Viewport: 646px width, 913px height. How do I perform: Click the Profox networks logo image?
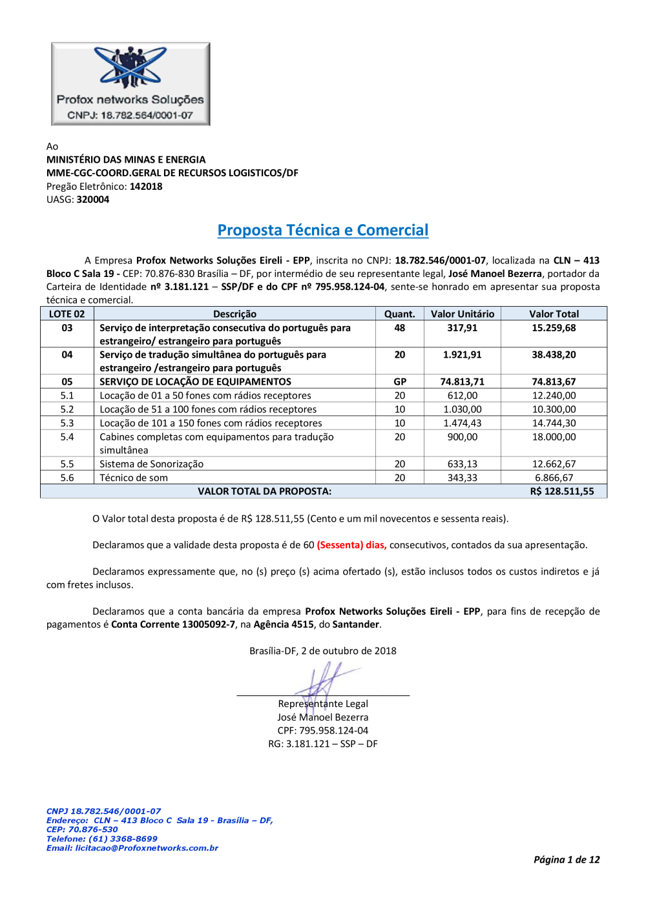pos(130,84)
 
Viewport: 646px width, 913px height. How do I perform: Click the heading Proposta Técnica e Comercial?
pos(323,231)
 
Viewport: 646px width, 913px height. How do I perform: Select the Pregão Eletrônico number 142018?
pos(146,187)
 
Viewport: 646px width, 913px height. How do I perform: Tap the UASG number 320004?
pos(93,200)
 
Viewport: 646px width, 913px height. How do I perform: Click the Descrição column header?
pos(234,314)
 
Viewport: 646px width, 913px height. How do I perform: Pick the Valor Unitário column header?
pos(463,314)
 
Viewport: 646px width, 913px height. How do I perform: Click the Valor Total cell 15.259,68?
pos(554,328)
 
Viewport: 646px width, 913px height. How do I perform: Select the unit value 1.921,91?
pos(463,354)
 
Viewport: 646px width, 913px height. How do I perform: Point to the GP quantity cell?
pos(400,382)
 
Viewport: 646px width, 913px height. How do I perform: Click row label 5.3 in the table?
pos(67,423)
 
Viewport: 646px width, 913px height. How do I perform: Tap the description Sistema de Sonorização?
pos(151,464)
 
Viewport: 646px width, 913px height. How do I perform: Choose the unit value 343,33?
pos(463,478)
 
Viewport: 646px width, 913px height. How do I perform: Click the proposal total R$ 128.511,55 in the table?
pos(562,491)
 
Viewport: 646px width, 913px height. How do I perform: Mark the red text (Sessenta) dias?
pos(351,545)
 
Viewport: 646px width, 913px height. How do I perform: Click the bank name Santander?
pos(355,624)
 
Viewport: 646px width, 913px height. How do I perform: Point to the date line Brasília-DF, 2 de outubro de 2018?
pos(323,651)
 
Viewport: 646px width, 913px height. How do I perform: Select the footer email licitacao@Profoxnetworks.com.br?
pos(147,848)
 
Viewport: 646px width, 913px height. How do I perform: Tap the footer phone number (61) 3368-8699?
pos(123,839)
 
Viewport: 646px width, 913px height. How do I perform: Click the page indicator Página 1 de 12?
pos(567,859)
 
